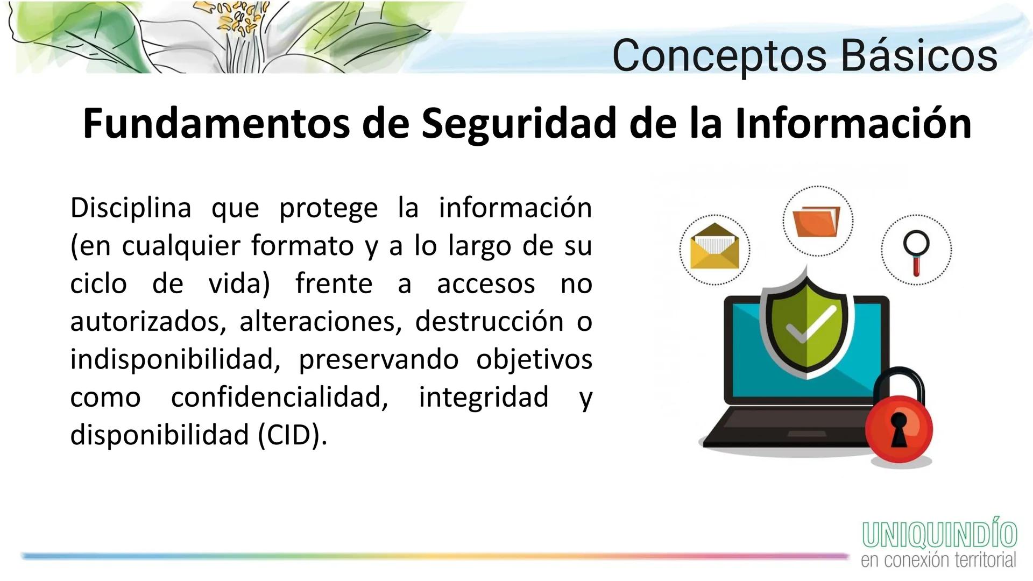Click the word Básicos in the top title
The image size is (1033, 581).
pos(918,55)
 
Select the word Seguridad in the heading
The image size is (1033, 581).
pos(518,123)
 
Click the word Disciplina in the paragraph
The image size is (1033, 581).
pos(131,208)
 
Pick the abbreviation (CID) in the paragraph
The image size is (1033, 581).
pos(292,435)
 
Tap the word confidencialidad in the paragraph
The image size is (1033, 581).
pos(280,397)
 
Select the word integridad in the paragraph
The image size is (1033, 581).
pos(484,397)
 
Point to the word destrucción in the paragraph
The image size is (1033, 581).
pos(489,321)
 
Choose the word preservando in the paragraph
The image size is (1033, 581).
pos(378,359)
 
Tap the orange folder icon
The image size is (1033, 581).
pos(817,222)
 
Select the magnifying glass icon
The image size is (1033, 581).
pos(916,250)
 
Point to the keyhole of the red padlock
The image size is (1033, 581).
pos(898,429)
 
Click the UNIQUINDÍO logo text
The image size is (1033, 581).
pos(939,534)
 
